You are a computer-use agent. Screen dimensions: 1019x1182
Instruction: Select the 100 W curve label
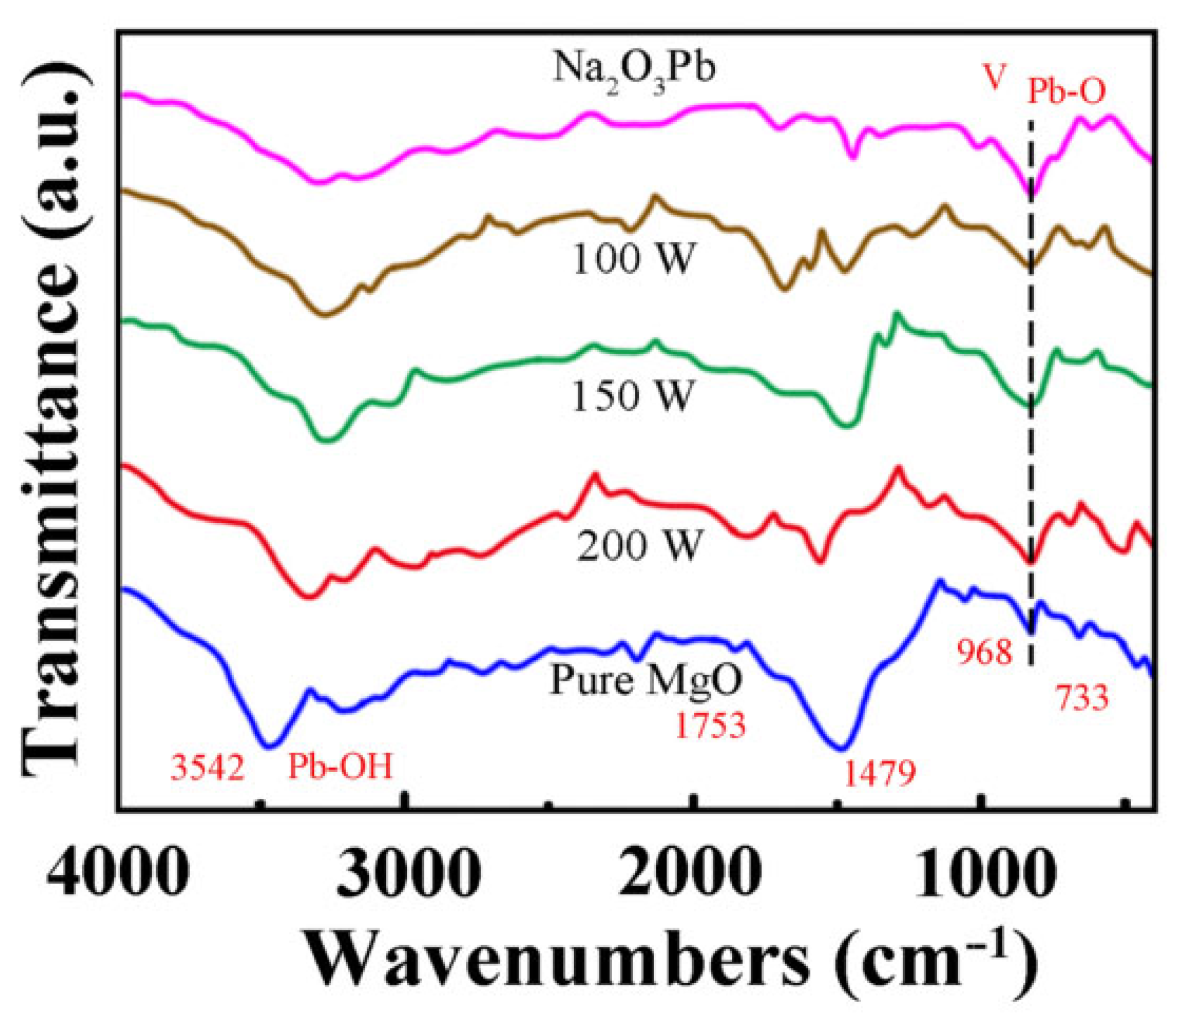(632, 258)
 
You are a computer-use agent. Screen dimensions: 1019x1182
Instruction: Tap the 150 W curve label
(632, 395)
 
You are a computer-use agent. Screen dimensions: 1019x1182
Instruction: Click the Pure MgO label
(647, 680)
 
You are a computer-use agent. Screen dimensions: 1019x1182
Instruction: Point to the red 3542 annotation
(208, 768)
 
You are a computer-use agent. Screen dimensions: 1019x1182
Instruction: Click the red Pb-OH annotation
(340, 766)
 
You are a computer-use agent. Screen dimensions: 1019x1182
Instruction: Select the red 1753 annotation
(710, 725)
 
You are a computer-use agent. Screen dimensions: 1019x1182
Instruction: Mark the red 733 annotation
(1081, 698)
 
